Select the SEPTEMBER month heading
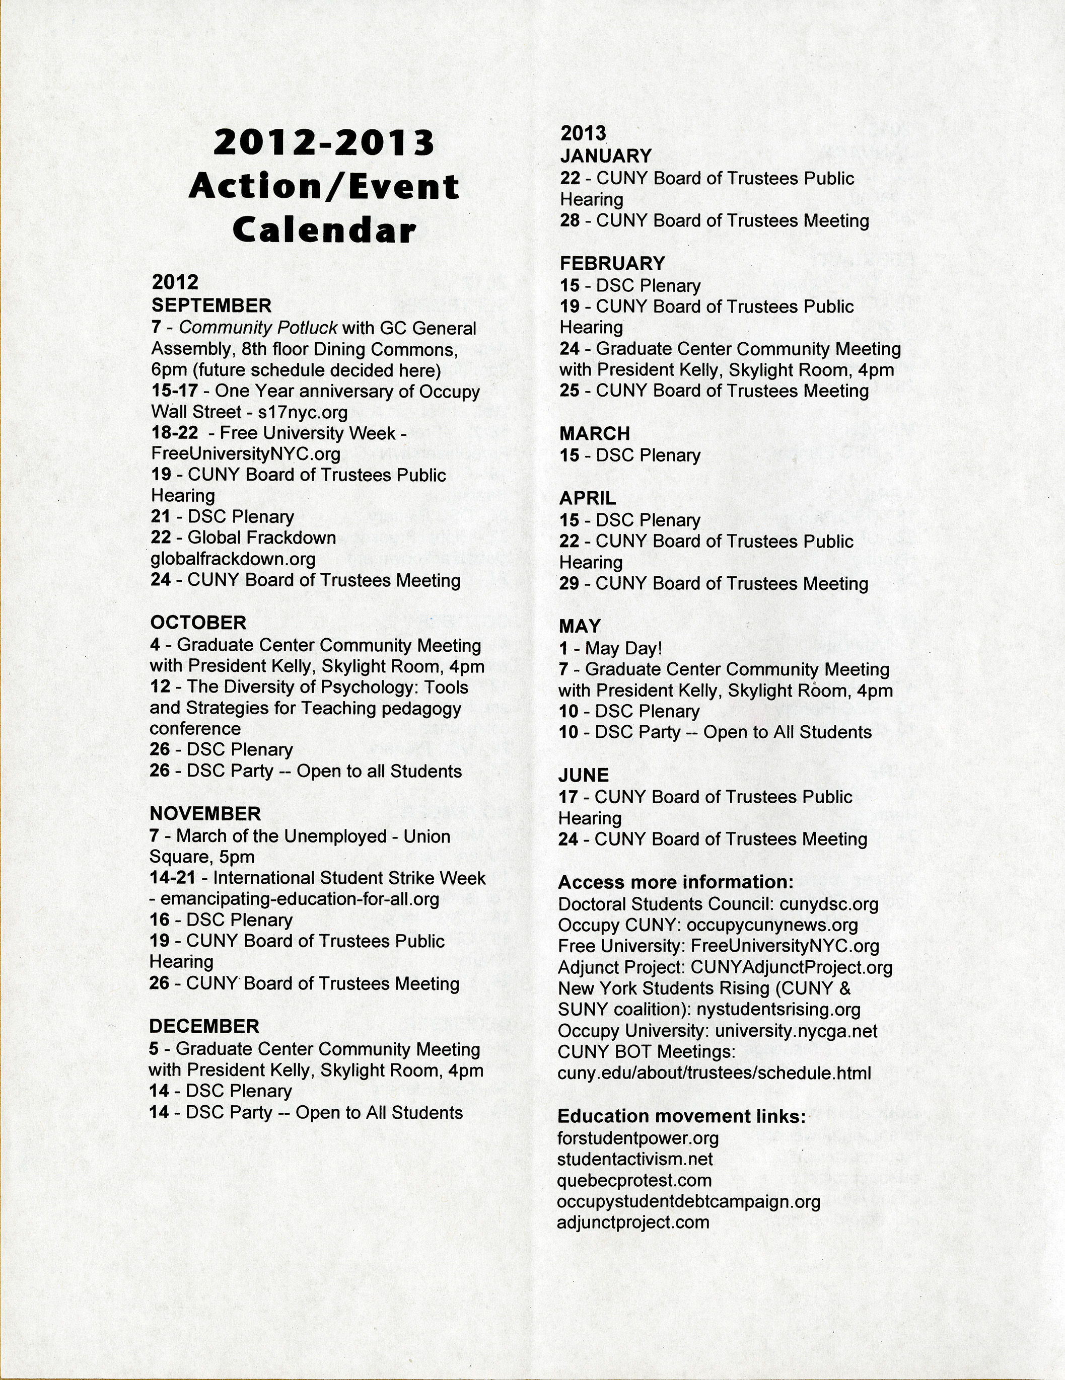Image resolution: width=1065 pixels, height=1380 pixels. point(211,306)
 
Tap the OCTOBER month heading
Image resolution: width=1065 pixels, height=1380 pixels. point(198,623)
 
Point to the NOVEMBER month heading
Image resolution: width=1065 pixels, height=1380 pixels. point(205,814)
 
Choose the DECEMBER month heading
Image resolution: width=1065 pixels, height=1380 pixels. point(203,1027)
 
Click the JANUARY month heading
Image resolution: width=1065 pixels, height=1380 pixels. point(605,156)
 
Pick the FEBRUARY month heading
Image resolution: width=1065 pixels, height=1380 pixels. point(612,264)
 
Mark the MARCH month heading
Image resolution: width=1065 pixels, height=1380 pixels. point(594,434)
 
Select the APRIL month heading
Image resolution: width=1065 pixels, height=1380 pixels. point(587,499)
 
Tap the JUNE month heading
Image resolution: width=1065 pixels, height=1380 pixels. point(584,775)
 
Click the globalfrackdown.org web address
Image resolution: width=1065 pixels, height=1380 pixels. point(233,559)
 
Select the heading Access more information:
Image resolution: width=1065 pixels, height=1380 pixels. point(676,882)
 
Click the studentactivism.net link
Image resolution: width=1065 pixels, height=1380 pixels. point(634,1160)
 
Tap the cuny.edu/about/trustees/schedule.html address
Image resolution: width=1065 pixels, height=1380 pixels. point(714,1073)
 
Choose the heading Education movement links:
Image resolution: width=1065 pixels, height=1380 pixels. point(681,1116)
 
